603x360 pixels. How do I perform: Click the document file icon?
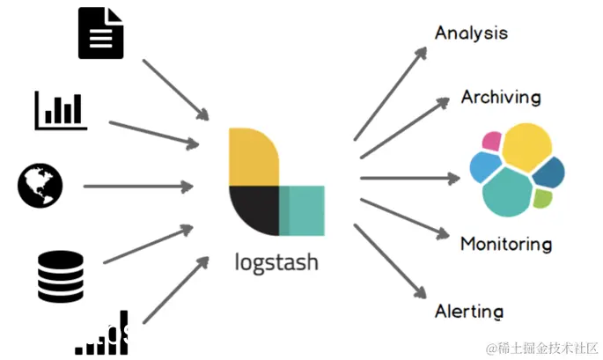[x=100, y=33]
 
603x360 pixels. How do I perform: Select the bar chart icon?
[x=61, y=109]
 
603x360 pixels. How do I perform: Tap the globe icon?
[x=39, y=187]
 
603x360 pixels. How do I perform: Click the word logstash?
[x=277, y=261]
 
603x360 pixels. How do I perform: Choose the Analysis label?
[x=471, y=33]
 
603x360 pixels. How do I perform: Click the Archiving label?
[x=500, y=97]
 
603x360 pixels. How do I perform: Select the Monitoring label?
[x=505, y=244]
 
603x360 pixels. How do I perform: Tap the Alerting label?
[x=469, y=312]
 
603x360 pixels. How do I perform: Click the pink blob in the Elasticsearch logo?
[x=492, y=141]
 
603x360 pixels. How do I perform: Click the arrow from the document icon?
[x=174, y=90]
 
